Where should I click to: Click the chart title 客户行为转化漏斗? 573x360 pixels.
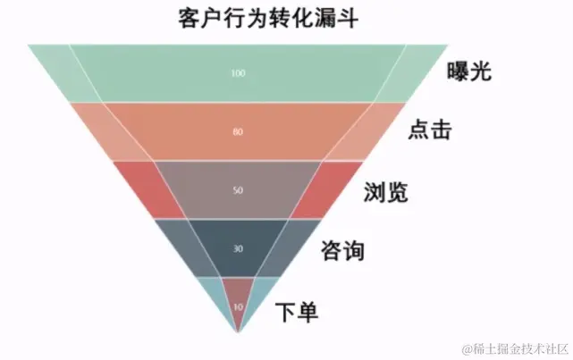268,19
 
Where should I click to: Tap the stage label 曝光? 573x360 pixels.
469,72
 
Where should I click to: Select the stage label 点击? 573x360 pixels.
429,130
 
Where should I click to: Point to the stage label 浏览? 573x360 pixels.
387,191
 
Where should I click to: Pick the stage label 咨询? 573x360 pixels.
342,251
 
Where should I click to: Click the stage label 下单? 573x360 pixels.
297,312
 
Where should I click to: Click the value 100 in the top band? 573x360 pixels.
237,72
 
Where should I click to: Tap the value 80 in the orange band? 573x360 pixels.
237,132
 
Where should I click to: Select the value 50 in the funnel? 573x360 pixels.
237,190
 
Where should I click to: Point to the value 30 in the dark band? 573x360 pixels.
237,249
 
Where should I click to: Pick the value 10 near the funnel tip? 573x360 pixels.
237,306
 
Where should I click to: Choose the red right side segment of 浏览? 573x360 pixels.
327,187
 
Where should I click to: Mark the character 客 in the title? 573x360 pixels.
190,19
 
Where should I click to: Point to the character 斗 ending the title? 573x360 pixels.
347,19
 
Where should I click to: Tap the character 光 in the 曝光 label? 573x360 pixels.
481,72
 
